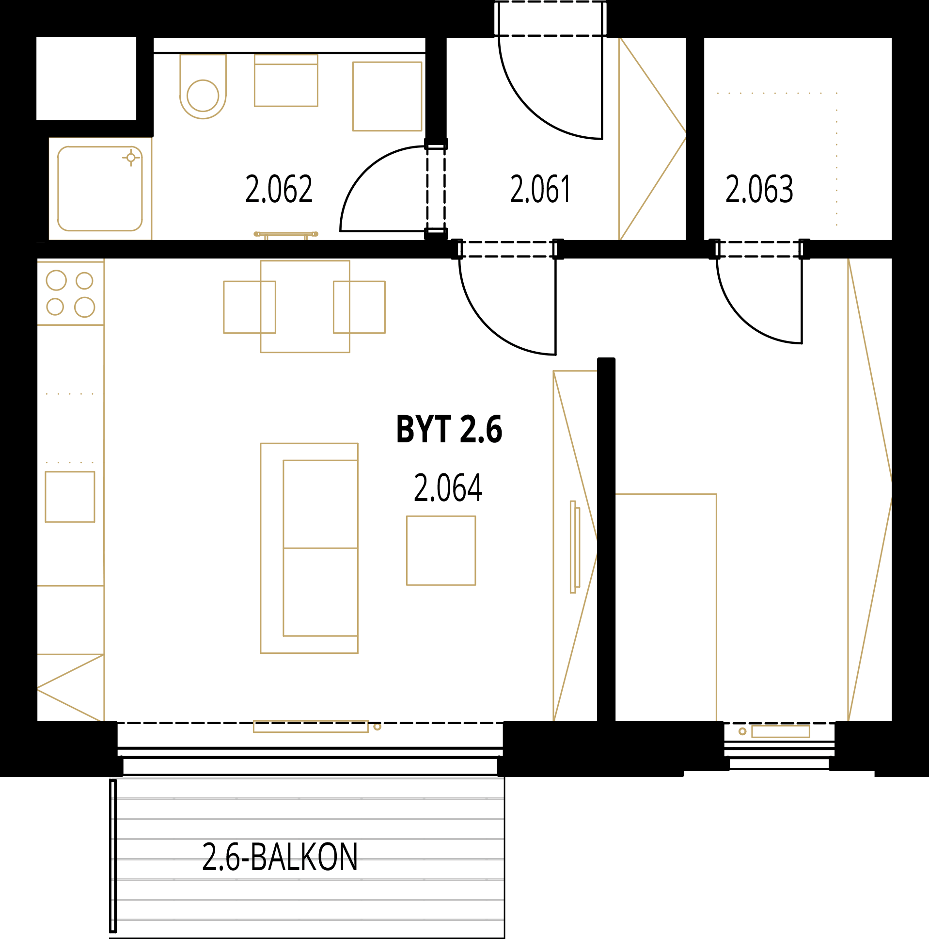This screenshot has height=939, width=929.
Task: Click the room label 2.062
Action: click(x=279, y=189)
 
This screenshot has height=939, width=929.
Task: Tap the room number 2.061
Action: click(x=540, y=189)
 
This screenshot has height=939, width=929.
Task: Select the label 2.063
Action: click(x=759, y=189)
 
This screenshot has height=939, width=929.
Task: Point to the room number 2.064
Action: click(x=448, y=488)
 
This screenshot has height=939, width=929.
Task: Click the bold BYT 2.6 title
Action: click(x=449, y=429)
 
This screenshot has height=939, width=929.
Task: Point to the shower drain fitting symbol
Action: click(x=131, y=158)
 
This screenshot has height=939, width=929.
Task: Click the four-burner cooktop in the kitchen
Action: click(x=71, y=293)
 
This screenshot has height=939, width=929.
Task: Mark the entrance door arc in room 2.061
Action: click(x=529, y=110)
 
